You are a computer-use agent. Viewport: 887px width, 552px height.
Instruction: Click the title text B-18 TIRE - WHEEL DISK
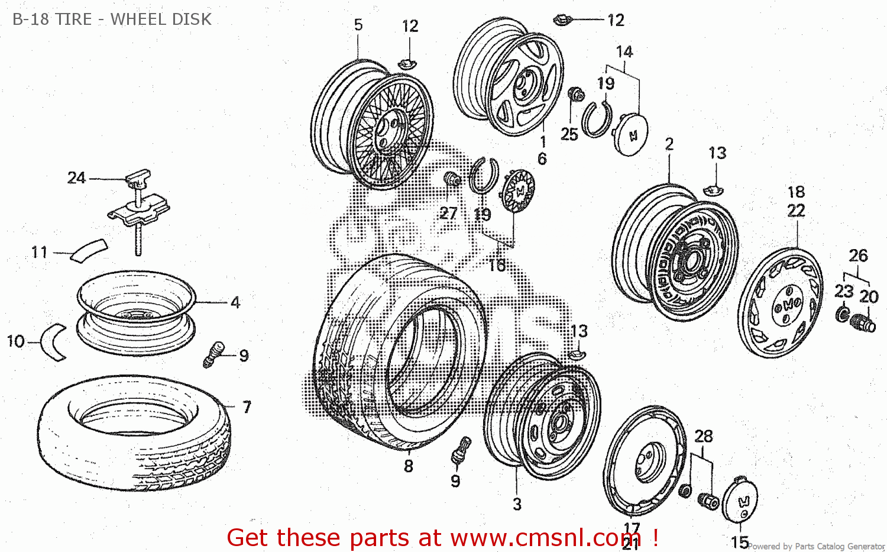[x=112, y=20]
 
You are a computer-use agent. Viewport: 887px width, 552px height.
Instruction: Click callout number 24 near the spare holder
[x=76, y=177]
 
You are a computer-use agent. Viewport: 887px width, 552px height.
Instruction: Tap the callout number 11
[x=39, y=252]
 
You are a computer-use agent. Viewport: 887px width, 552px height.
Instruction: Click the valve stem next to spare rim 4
[x=213, y=354]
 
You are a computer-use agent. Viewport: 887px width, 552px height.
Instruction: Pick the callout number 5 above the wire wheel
[x=358, y=25]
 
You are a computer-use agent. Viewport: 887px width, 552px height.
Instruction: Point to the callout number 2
[x=669, y=144]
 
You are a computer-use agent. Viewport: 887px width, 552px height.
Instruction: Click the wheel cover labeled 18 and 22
[x=781, y=303]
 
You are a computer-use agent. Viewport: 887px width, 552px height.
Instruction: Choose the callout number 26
[x=858, y=256]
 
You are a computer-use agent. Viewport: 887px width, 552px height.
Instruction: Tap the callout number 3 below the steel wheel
[x=517, y=504]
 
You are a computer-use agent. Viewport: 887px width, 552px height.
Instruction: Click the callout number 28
[x=703, y=436]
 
